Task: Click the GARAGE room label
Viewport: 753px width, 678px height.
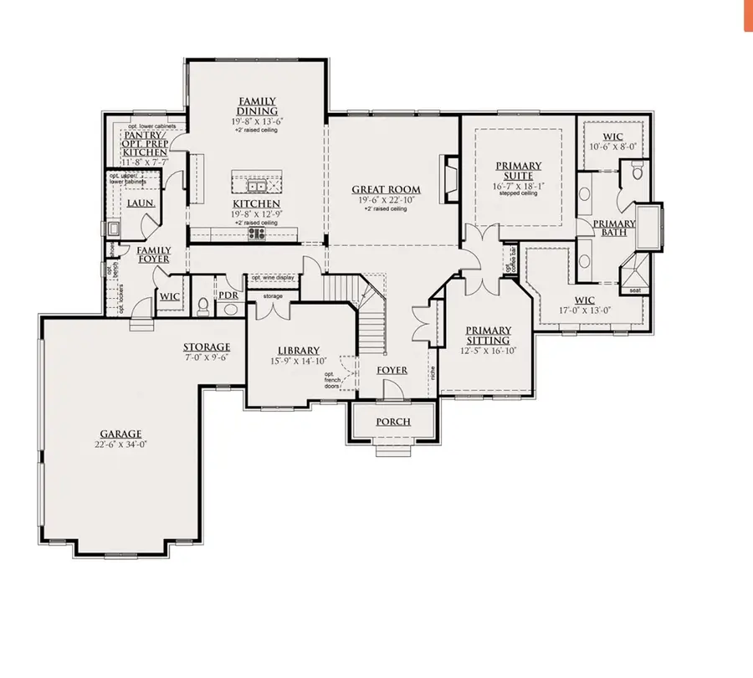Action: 121,434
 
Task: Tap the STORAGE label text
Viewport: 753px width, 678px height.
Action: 207,347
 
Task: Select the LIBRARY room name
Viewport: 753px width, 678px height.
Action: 299,350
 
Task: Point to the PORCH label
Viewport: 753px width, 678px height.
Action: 392,421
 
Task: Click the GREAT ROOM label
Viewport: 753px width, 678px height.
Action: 386,190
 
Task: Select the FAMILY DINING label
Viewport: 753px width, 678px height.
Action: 257,105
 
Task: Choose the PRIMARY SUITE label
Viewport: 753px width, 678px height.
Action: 518,171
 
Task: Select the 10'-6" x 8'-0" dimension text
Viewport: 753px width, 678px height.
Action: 614,146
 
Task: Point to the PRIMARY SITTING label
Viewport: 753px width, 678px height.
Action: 488,335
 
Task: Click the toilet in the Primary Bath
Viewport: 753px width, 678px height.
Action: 637,173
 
